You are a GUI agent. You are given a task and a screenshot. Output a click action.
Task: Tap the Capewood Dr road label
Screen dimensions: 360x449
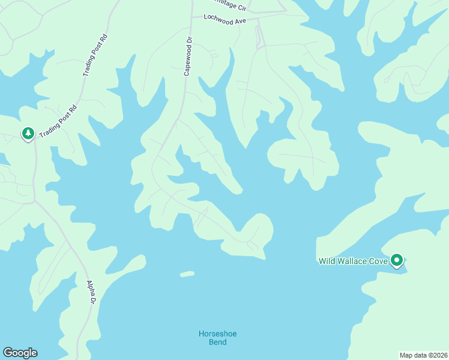click(187, 56)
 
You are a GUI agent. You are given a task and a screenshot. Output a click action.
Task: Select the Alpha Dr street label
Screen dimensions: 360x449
click(92, 292)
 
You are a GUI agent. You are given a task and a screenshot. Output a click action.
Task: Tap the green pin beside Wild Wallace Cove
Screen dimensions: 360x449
click(396, 260)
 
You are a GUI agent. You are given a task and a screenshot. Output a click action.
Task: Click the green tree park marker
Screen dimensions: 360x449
click(28, 133)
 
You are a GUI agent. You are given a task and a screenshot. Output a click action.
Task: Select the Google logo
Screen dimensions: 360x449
click(20, 353)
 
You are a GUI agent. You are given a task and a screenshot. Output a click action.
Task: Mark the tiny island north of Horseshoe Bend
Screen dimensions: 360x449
click(187, 274)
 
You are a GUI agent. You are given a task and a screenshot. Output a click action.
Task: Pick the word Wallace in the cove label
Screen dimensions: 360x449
click(351, 261)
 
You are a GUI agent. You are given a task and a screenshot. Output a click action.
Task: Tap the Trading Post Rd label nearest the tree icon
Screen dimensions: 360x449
click(59, 122)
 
